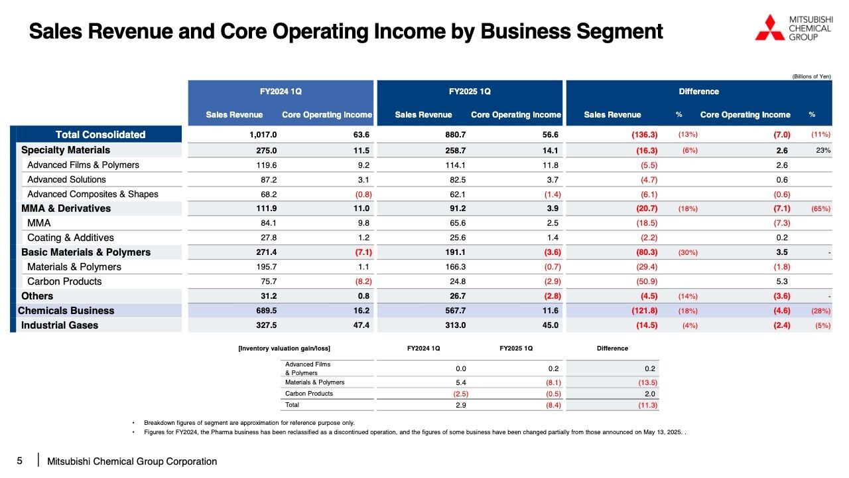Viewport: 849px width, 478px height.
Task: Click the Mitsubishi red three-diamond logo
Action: (x=769, y=28)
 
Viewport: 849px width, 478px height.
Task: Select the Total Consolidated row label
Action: (x=100, y=135)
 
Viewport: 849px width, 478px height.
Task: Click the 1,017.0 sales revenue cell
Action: (x=263, y=135)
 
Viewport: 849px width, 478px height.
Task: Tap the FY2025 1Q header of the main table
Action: (x=470, y=92)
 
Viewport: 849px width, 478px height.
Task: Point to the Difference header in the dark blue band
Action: (x=698, y=92)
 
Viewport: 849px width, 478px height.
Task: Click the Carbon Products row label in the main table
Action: (x=64, y=281)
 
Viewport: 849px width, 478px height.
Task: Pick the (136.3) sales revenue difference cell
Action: (x=644, y=135)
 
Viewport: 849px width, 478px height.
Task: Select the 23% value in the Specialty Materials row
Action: (x=823, y=150)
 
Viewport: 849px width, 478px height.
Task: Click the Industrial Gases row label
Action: (x=60, y=325)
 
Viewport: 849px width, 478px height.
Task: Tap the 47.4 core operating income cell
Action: (x=361, y=325)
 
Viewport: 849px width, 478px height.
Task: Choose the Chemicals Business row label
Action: (x=66, y=311)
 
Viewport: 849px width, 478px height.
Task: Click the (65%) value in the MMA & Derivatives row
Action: (x=821, y=208)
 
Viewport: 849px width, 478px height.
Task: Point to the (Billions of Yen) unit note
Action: (x=811, y=76)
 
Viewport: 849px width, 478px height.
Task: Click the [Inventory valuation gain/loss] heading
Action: (x=284, y=349)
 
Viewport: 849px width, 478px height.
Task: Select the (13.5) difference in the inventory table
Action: (x=648, y=382)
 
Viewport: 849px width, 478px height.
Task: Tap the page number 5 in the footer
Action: (x=20, y=461)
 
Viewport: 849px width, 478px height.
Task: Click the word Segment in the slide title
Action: (x=620, y=31)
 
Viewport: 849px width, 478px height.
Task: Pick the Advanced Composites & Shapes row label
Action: (x=93, y=195)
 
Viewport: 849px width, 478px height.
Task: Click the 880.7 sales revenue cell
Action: (x=456, y=135)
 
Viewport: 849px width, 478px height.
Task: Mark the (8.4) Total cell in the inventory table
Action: (x=553, y=405)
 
